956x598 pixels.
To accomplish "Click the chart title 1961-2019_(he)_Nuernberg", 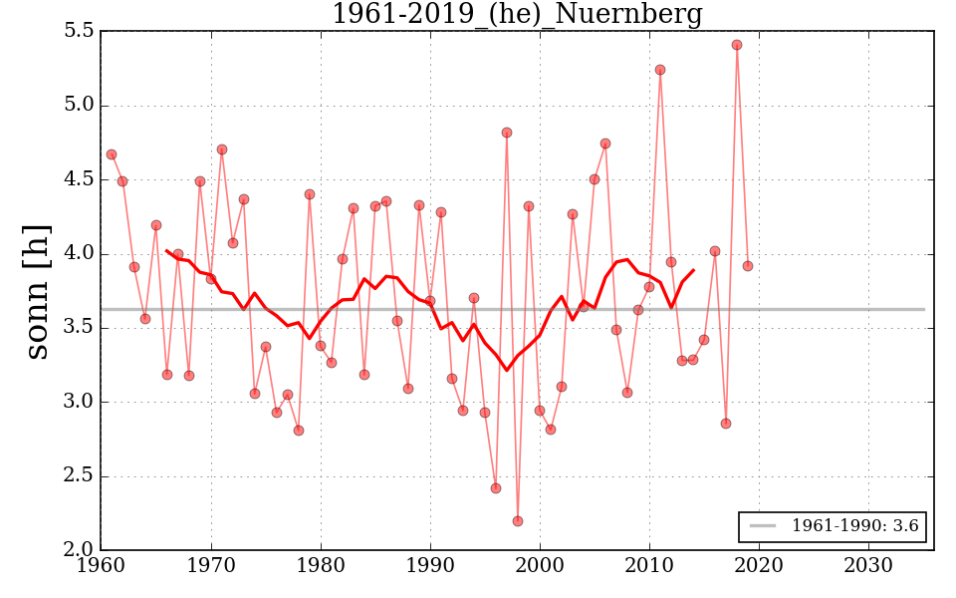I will point(517,15).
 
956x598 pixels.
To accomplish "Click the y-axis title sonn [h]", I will point(37,291).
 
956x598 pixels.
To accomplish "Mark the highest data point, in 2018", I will point(737,45).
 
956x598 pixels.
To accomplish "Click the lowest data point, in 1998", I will point(518,521).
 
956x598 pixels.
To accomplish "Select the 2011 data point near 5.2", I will point(660,70).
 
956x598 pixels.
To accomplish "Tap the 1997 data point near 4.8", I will point(507,133).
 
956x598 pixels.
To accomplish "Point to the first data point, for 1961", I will point(112,154).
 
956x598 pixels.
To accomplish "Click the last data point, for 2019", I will point(748,266).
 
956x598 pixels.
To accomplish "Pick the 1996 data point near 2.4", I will point(496,488).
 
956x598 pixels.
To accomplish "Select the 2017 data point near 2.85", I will point(726,424).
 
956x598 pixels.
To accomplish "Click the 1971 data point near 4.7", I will point(222,149).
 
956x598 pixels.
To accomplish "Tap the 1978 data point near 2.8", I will point(299,431).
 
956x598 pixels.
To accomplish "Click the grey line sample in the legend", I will point(763,526).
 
